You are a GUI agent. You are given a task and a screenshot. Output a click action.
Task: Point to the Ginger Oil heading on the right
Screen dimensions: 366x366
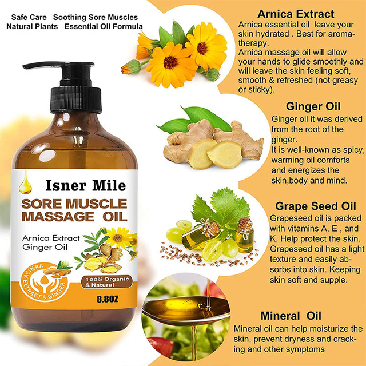(313, 107)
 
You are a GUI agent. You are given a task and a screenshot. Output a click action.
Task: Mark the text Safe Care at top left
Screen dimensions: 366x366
(28, 17)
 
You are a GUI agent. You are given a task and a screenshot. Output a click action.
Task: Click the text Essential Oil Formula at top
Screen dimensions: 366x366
(104, 26)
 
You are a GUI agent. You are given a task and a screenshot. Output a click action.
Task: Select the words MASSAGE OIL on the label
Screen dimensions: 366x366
(82, 217)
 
